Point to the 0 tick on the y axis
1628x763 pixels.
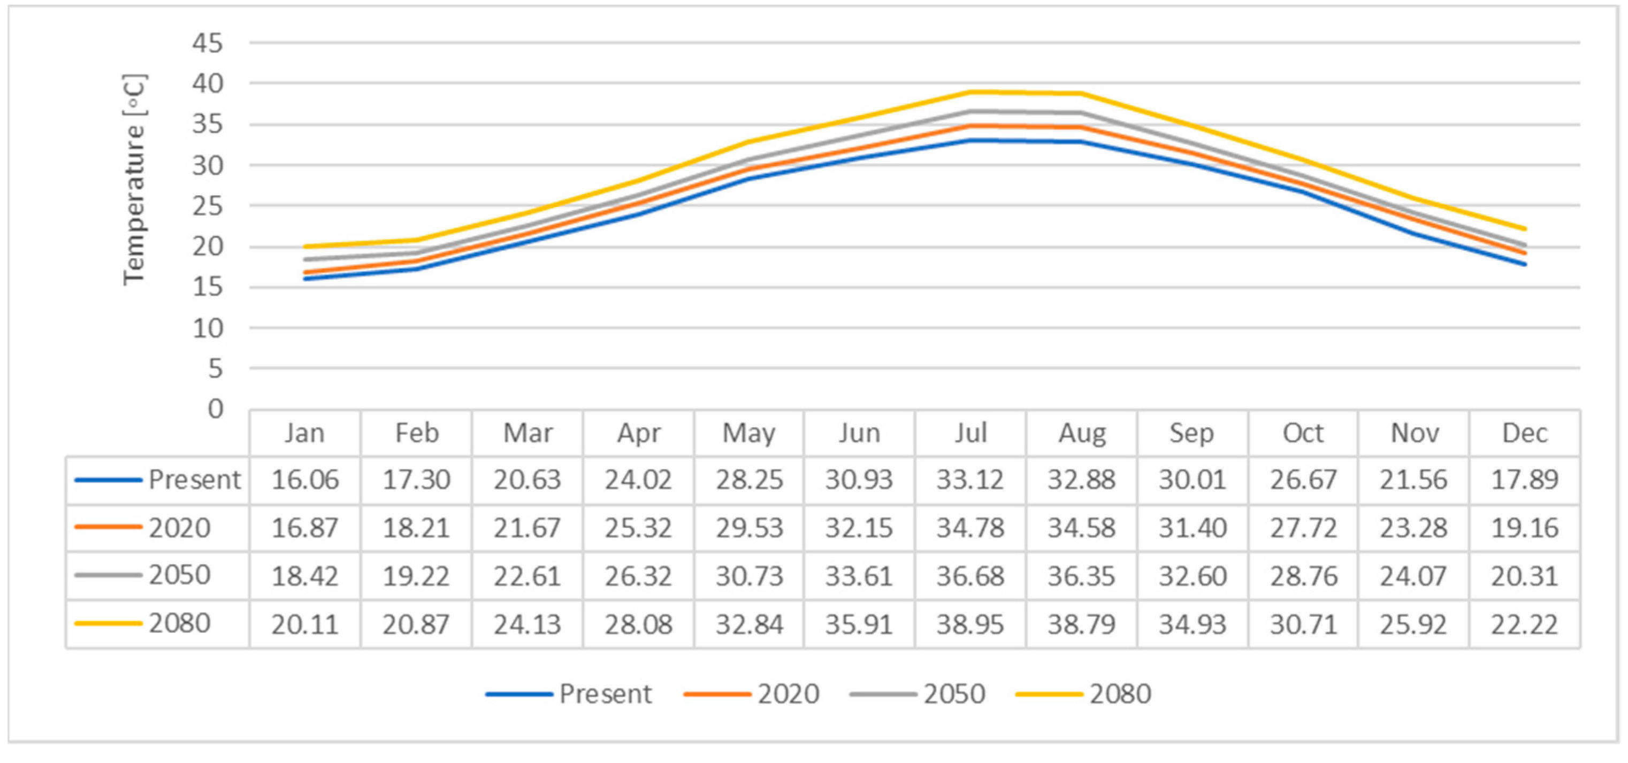click(x=216, y=409)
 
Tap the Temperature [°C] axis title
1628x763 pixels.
click(x=134, y=180)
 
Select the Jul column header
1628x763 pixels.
click(x=970, y=433)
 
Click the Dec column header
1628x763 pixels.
click(x=1524, y=433)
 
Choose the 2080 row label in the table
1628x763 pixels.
click(x=179, y=623)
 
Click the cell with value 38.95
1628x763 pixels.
click(x=970, y=625)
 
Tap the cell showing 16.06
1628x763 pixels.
click(x=304, y=480)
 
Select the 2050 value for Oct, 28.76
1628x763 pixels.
click(x=1303, y=576)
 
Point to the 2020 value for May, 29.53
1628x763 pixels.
click(x=749, y=528)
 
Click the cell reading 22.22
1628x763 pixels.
click(x=1524, y=625)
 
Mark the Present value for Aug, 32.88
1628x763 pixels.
click(x=1081, y=480)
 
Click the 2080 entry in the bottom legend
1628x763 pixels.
click(x=1120, y=694)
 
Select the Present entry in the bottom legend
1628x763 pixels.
click(x=605, y=694)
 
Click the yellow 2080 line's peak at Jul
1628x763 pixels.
click(x=970, y=92)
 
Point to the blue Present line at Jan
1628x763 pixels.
click(x=305, y=279)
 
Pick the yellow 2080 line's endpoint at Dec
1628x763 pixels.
click(x=1524, y=229)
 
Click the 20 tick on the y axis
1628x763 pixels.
click(x=208, y=246)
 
